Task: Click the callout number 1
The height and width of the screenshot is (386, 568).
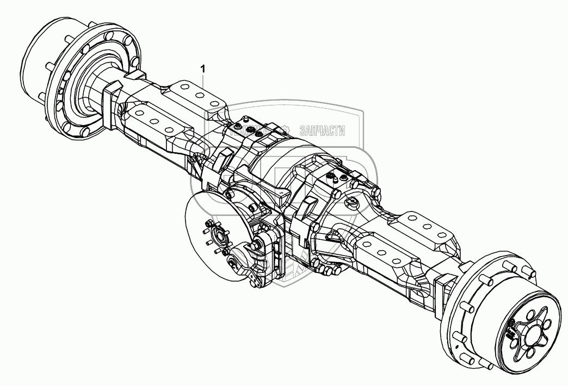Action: [x=203, y=69]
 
